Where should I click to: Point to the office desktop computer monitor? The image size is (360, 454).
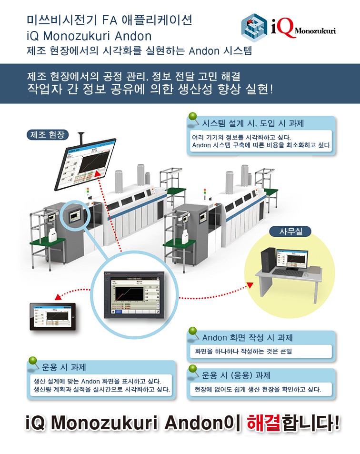[x=291, y=260]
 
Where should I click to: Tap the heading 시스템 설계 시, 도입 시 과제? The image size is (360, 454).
[x=253, y=123]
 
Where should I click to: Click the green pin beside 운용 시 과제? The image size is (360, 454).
[x=33, y=362]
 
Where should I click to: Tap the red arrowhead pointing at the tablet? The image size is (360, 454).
[x=57, y=296]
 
